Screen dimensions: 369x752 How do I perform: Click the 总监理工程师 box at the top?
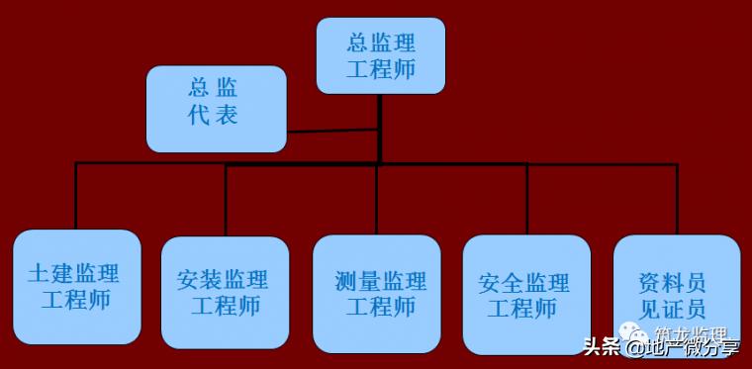pyautogui.click(x=381, y=55)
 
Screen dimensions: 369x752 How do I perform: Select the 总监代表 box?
pyautogui.click(x=217, y=108)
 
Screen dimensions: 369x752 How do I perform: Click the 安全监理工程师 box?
pyautogui.click(x=526, y=295)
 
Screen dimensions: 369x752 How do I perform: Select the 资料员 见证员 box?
pyautogui.click(x=676, y=295)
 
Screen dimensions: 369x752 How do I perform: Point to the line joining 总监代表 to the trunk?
pyautogui.click(x=331, y=131)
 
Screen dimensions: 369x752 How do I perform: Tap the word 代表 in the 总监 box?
pyautogui.click(x=213, y=115)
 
